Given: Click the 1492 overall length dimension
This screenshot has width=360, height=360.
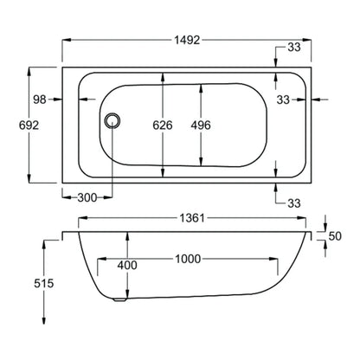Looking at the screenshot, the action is (187, 40).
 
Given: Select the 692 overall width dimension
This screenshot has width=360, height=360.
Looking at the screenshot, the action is (29, 125).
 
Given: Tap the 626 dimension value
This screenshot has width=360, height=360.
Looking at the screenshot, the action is (163, 125).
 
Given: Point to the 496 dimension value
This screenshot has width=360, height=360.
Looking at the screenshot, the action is (201, 125).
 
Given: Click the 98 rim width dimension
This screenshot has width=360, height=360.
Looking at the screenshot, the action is (40, 100).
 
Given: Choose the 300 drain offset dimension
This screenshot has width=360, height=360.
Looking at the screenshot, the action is (87, 198).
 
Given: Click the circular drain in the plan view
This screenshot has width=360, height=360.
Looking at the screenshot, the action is (112, 120).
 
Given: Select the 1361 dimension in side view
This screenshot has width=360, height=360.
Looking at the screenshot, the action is (192, 218).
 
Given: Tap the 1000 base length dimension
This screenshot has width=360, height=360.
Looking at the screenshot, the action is (188, 259).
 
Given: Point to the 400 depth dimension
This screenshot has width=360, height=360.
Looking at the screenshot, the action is (127, 265).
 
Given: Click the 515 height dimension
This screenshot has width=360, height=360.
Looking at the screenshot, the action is (44, 283).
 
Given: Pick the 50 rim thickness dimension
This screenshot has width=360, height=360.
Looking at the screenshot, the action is (335, 236).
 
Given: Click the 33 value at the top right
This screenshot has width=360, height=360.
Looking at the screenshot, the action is (294, 48).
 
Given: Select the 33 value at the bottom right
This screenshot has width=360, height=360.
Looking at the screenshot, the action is (294, 203).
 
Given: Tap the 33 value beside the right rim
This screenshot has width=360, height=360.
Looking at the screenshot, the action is (283, 100).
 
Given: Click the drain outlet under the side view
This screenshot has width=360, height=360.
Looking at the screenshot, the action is (119, 299).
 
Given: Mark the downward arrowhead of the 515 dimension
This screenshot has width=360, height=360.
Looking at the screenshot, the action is (44, 320).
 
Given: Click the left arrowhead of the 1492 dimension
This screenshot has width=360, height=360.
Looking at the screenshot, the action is (67, 40).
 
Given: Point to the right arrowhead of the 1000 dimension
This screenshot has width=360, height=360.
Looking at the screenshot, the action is (273, 259).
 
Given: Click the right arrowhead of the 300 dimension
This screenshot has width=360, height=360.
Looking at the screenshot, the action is (108, 198).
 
